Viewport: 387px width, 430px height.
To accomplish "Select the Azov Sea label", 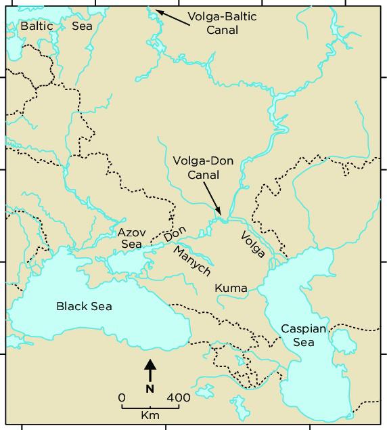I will tap(130, 237).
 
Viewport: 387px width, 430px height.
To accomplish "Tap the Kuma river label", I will tap(231, 288).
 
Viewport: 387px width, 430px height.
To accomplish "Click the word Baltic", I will tap(36, 26).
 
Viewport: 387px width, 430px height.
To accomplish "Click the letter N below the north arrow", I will tap(150, 389).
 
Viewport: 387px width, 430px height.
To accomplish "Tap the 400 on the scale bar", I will tap(178, 397).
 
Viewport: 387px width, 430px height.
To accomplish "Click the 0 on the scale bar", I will tap(122, 397).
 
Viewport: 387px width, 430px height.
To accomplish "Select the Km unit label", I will tap(150, 414).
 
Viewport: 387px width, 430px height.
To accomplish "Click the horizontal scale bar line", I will tap(150, 408).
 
